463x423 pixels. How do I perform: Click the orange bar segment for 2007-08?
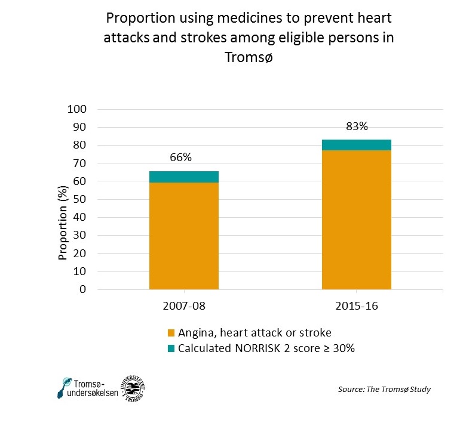pyautogui.click(x=184, y=236)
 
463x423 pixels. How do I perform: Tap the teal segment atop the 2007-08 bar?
pyautogui.click(x=184, y=177)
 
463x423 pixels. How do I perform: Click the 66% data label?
pyautogui.click(x=180, y=158)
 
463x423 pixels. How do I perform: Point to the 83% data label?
pyautogui.click(x=357, y=126)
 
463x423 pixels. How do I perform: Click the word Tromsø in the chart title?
pyautogui.click(x=249, y=58)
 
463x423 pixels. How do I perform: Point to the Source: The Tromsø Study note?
pyautogui.click(x=384, y=389)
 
